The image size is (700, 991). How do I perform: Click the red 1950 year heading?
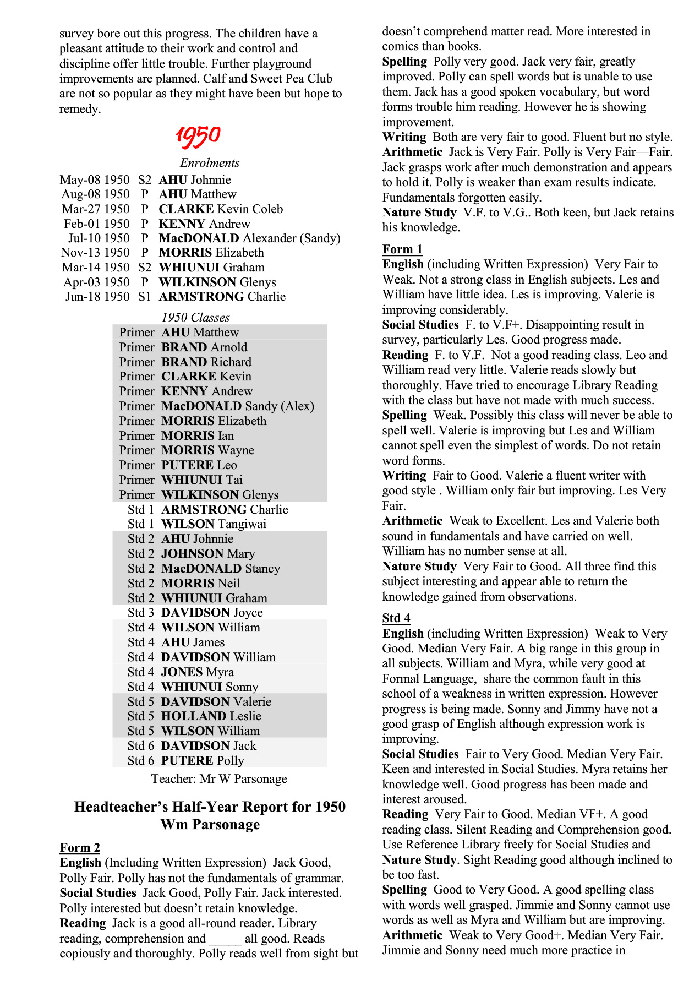[198, 136]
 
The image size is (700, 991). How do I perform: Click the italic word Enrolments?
[210, 163]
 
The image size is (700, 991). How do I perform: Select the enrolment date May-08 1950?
[95, 180]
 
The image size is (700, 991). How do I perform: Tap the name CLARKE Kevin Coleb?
[221, 209]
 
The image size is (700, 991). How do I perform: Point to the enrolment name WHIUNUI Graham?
[212, 268]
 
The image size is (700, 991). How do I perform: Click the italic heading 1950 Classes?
[195, 318]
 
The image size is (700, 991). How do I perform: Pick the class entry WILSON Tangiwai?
[214, 524]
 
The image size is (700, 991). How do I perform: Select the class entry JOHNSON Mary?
[208, 554]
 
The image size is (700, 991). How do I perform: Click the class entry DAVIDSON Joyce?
[212, 613]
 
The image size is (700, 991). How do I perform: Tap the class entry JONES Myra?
[198, 672]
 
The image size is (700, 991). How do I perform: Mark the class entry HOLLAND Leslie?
[211, 716]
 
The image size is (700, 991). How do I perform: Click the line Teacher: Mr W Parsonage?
[219, 779]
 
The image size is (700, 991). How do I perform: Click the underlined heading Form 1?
[402, 249]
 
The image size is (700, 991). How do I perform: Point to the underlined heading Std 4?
[396, 618]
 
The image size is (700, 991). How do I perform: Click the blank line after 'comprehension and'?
[225, 939]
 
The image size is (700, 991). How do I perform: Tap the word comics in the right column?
[401, 46]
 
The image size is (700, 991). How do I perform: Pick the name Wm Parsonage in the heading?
[210, 825]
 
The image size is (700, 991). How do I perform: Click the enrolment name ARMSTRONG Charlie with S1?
[222, 297]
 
